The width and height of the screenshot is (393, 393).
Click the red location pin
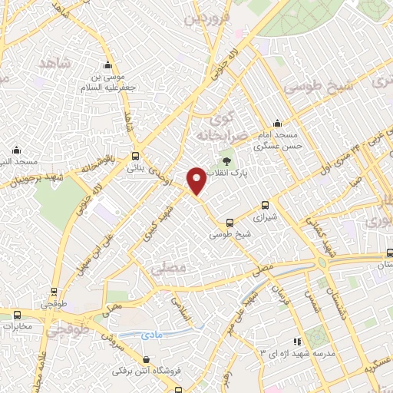coord(196,182)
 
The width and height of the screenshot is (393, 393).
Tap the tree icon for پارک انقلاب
coord(227,160)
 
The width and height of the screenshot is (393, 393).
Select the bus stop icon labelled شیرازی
coord(266,205)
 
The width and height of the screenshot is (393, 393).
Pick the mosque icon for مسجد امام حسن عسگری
coord(277,124)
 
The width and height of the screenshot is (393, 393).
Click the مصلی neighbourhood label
coord(169,269)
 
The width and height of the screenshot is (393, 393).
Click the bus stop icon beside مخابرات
coord(18,314)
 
